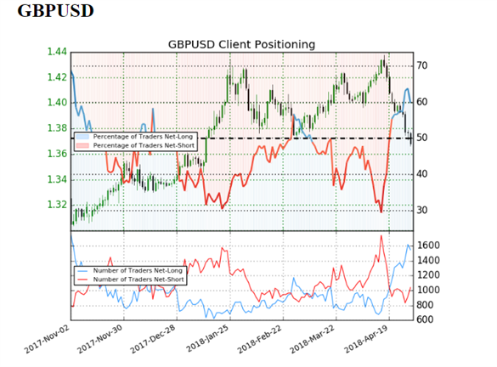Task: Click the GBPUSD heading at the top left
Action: [55, 11]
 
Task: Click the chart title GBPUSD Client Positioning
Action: [241, 44]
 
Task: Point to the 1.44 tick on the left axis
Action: [57, 52]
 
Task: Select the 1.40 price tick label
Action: [57, 103]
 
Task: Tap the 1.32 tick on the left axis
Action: [57, 205]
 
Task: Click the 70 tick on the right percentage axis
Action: [422, 66]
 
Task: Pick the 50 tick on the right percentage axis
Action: [422, 138]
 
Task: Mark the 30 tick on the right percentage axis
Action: [422, 210]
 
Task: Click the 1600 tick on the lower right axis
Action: [428, 246]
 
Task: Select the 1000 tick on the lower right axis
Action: [428, 290]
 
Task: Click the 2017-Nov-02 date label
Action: [47, 340]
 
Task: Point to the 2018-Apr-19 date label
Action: [367, 340]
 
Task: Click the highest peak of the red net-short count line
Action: [381, 235]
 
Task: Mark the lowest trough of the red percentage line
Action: [381, 212]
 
